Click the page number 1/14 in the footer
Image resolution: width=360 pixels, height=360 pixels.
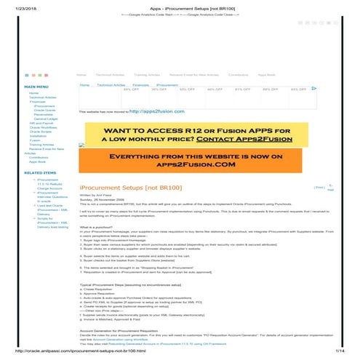pyautogui.click(x=338, y=352)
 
